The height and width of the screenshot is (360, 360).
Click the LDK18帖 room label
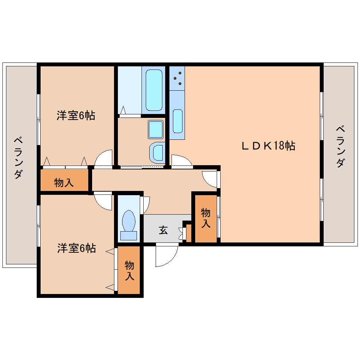268,145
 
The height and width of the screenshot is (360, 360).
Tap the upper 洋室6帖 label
76,115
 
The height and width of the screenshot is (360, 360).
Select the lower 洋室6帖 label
77,248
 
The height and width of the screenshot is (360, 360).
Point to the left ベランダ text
19,158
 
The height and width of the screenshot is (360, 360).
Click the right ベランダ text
340,146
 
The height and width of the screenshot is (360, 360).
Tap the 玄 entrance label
163,230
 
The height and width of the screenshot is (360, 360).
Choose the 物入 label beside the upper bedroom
64,182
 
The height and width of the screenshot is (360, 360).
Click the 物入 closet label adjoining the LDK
205,218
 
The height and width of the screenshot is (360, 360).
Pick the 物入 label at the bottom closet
129,270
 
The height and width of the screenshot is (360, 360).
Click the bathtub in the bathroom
154,90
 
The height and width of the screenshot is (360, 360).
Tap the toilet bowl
128,221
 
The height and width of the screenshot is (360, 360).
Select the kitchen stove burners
177,78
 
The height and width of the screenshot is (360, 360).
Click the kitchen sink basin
178,121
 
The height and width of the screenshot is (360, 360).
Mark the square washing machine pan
155,129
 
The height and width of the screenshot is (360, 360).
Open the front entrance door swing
167,256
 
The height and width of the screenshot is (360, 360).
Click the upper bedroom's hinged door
104,158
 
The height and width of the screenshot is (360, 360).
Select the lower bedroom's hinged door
103,201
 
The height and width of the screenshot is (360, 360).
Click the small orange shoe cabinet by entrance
188,233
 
